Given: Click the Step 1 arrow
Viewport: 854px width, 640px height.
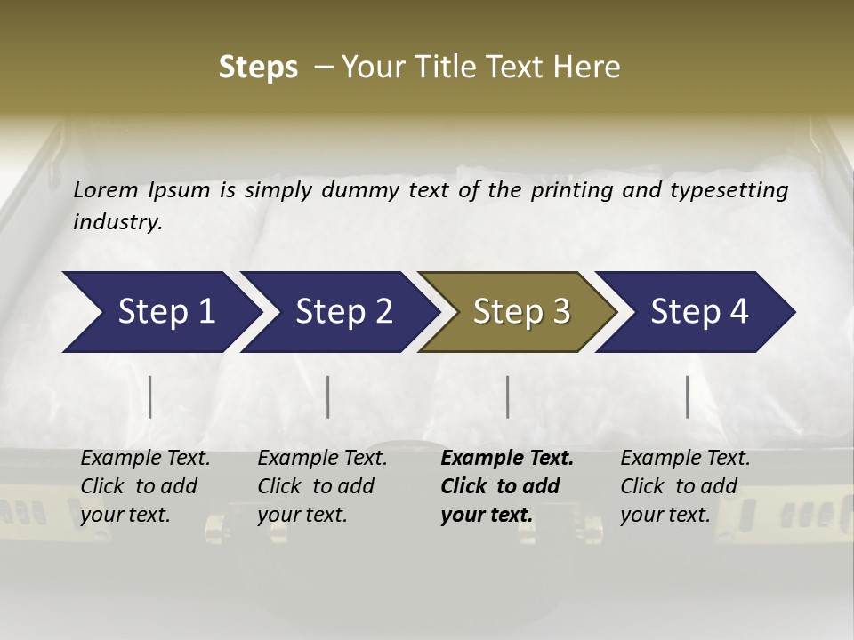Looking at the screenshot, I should tap(160, 312).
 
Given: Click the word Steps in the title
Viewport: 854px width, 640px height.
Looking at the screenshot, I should tap(258, 68).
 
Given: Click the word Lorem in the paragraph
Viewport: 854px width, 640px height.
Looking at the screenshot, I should tap(106, 189).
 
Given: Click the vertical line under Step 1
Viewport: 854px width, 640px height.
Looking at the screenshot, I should tap(150, 396).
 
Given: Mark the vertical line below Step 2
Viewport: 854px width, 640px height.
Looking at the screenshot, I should tap(328, 396).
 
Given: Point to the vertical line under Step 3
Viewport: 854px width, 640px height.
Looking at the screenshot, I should tap(507, 396).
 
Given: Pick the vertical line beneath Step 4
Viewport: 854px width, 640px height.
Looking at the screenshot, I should tap(687, 396).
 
